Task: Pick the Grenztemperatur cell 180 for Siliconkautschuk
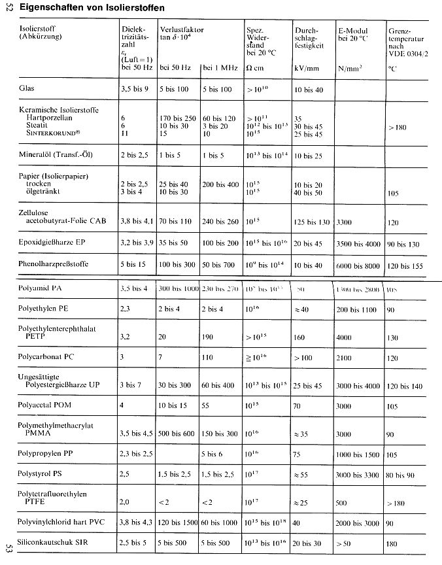tap(393, 543)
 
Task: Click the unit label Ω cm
tap(254, 67)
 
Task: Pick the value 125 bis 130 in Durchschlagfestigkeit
tap(311, 222)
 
